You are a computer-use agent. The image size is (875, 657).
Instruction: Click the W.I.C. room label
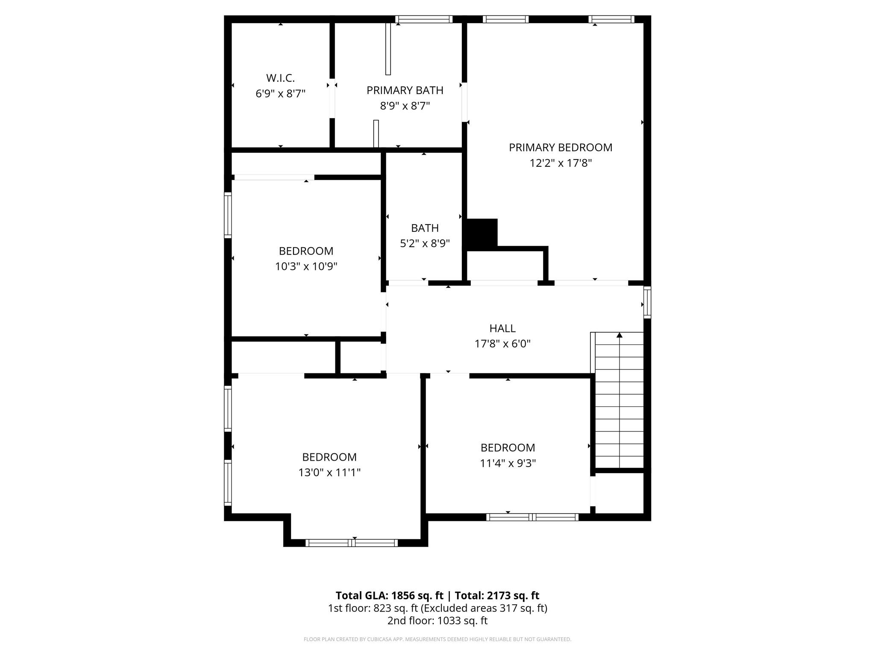click(280, 78)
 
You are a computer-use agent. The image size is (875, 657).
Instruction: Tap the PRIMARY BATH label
click(405, 90)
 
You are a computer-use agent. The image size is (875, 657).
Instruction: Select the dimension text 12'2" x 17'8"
click(561, 163)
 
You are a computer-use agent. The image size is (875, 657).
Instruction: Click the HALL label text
click(502, 328)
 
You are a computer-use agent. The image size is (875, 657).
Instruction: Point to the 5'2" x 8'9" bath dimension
click(425, 243)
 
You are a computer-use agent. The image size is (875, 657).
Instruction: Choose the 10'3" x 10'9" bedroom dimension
click(306, 266)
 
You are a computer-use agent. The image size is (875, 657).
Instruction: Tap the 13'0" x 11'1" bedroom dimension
click(329, 473)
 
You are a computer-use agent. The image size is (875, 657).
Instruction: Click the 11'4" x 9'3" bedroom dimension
click(508, 463)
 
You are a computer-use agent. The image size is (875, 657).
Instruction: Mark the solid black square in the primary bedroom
click(482, 234)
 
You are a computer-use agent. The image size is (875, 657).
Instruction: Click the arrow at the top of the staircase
click(620, 335)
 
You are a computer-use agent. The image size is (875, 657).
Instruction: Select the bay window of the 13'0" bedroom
click(352, 543)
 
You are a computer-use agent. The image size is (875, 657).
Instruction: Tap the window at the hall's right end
click(647, 302)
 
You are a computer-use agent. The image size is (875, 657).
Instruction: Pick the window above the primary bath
click(424, 19)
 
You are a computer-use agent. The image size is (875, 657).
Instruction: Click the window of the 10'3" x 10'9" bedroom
click(228, 215)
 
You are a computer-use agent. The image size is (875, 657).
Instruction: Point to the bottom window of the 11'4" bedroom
click(532, 517)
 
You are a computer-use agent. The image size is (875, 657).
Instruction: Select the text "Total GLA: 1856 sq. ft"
click(389, 595)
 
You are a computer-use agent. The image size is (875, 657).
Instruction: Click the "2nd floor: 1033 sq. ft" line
click(437, 621)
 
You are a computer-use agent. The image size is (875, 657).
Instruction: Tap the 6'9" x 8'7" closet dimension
click(280, 94)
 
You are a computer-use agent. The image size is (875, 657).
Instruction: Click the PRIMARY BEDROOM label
click(561, 148)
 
